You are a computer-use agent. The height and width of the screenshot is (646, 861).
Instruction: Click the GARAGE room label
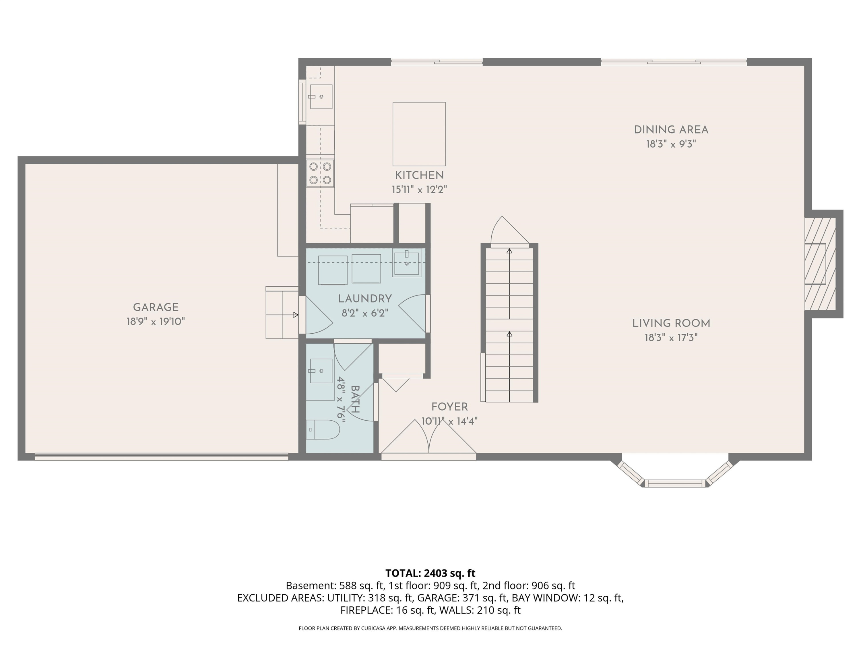156,307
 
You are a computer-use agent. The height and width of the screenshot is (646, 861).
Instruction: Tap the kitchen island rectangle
419,134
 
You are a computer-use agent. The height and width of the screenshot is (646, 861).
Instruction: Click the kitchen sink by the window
321,96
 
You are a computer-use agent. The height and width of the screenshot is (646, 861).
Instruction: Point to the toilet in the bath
323,430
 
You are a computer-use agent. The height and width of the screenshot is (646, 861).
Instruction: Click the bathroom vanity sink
321,371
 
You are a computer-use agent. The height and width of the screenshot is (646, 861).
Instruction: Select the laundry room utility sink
406,264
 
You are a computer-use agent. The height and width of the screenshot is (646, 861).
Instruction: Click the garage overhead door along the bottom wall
162,457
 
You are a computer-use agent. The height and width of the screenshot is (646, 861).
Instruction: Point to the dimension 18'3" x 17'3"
671,338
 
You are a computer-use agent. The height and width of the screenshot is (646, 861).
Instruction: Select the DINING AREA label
671,130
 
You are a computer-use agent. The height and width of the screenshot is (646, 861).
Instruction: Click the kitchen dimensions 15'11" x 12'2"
419,189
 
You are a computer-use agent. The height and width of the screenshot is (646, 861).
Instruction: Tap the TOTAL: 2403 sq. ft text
430,573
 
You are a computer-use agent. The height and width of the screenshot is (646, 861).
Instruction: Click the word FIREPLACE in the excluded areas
366,610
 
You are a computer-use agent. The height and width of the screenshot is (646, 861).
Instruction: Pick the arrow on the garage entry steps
282,315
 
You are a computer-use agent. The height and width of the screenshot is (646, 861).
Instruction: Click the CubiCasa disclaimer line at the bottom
430,628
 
